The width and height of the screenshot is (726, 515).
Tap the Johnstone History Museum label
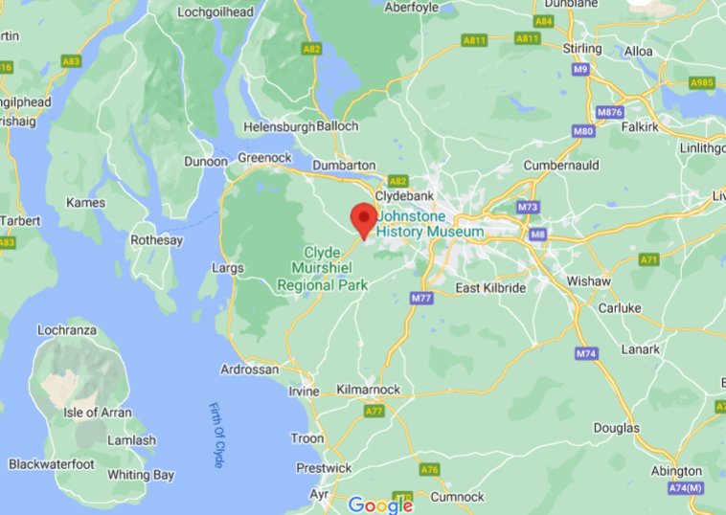430,224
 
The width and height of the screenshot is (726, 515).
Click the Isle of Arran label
93,413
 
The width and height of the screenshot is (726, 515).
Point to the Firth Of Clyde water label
219,436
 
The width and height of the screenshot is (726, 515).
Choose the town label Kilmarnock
369,390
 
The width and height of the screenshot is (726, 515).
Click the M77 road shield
420,299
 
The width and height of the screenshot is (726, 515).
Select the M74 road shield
586,354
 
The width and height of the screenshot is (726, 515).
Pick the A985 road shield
702,83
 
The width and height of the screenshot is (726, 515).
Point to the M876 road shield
610,112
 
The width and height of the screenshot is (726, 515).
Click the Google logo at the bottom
380,504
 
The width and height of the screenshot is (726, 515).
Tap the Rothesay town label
156,240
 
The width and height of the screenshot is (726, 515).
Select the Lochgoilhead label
215,11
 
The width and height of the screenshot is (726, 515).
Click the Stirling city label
582,48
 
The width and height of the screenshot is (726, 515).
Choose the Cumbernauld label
561,165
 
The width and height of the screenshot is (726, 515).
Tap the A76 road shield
430,469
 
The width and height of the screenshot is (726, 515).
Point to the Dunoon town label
205,162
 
